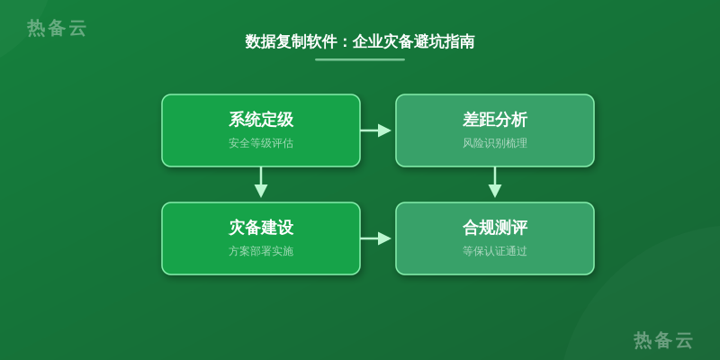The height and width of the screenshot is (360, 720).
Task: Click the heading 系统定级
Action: [261, 120]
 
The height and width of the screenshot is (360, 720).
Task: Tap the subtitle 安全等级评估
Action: [261, 143]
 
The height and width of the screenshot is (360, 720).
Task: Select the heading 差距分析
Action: [494, 120]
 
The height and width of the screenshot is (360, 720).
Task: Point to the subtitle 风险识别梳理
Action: [494, 143]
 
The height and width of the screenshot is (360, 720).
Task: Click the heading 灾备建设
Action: [261, 228]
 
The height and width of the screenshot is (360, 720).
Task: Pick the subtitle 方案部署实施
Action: [261, 251]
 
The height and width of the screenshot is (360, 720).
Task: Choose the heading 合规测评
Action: [494, 228]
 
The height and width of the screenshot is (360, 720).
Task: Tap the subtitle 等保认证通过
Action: [494, 251]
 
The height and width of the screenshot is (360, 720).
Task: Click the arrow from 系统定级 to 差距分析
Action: [375, 130]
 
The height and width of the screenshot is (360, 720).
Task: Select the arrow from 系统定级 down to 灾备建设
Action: [261, 183]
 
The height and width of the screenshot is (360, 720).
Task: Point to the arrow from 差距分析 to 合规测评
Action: [494, 183]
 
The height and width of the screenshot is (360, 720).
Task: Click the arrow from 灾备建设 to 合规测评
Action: [375, 238]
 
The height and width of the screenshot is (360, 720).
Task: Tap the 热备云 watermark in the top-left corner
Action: [57, 28]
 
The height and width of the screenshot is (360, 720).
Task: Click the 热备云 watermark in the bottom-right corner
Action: [662, 340]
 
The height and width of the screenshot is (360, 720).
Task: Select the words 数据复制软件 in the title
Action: [292, 41]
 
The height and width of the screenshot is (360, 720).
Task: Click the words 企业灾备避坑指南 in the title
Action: [413, 41]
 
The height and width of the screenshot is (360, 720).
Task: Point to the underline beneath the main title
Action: [360, 59]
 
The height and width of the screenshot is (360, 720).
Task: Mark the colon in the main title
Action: [346, 42]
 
